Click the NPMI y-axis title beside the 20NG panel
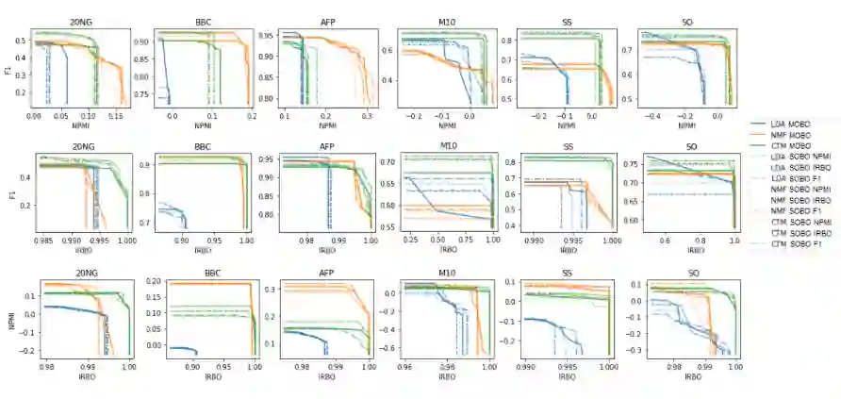(8, 319)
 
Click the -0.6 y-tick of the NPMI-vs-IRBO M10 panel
(387, 348)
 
